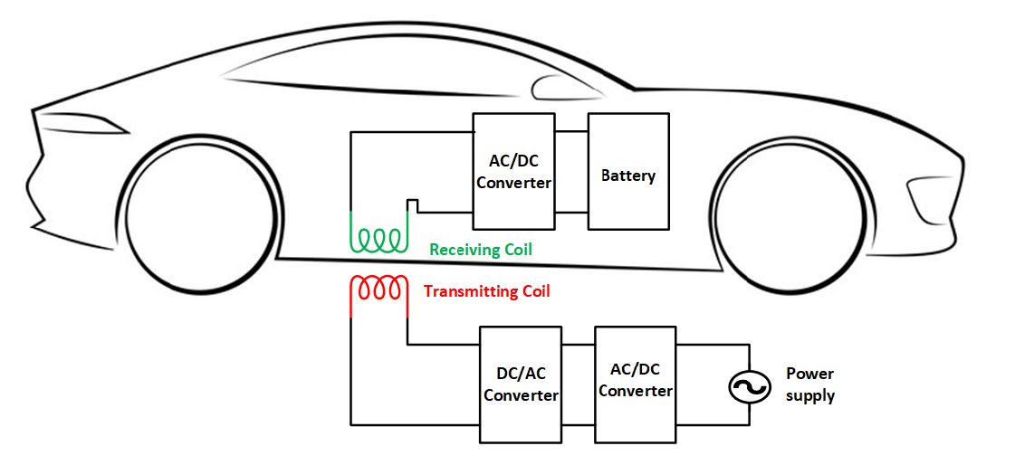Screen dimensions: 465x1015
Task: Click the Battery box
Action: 628,170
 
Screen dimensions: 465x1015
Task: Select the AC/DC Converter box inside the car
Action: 513,170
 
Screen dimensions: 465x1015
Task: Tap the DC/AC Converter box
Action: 521,384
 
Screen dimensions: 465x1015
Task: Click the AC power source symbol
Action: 749,388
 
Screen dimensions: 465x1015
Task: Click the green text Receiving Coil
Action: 480,249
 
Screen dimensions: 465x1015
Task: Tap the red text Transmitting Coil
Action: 486,291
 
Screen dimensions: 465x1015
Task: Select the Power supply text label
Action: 809,384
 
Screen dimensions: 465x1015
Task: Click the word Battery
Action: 628,176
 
